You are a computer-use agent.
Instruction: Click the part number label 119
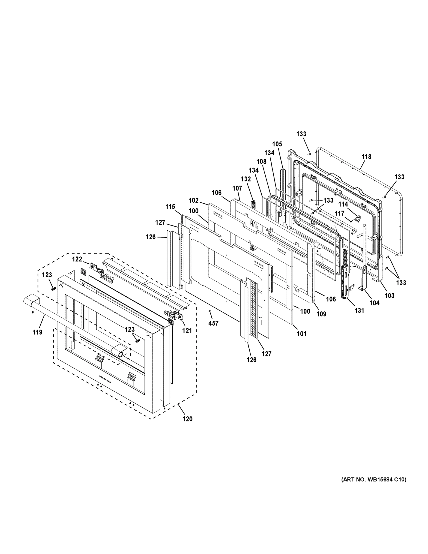38,332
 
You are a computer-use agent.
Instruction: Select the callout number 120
187,419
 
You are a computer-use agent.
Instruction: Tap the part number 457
213,323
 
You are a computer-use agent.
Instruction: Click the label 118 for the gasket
366,157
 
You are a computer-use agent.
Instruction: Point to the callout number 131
359,310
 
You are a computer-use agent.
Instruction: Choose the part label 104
374,303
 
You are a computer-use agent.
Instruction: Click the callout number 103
389,295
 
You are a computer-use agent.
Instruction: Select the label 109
321,314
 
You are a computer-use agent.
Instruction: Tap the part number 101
302,334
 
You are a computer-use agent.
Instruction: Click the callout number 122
77,259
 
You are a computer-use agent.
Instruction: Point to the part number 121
187,331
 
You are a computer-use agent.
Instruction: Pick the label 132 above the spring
246,179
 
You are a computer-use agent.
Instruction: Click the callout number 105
277,144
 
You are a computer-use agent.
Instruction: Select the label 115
170,207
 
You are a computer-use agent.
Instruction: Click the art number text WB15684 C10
374,479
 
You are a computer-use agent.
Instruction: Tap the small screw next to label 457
210,311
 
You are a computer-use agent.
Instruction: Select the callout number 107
237,188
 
